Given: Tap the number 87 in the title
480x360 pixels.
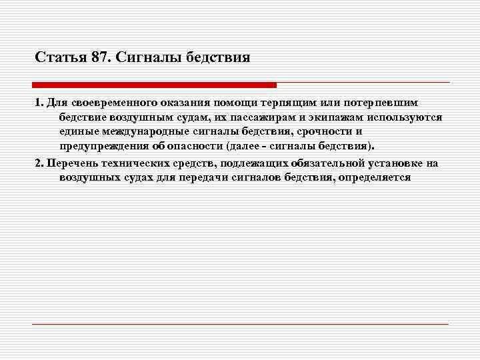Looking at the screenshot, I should [99, 57].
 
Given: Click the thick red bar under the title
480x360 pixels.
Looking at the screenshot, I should [154, 85].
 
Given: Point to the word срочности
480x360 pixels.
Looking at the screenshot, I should [322, 131].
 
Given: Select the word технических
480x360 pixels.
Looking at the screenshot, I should [133, 163].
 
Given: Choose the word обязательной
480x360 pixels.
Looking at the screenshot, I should [327, 163].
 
